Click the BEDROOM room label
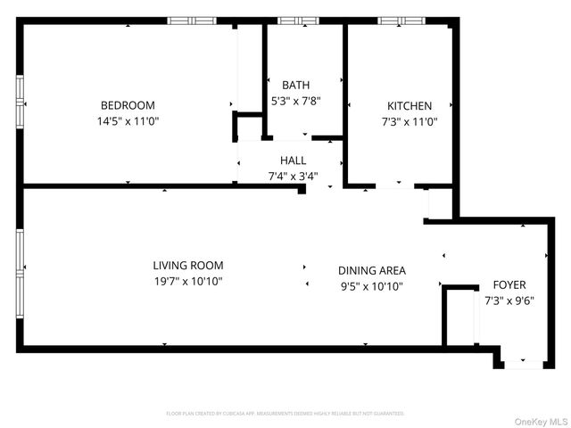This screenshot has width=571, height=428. [x=128, y=104]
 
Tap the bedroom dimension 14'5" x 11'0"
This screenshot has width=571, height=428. [x=128, y=120]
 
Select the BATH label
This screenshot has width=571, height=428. [x=295, y=85]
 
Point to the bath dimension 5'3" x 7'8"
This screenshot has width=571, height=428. [x=295, y=101]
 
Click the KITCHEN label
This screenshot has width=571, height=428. [x=409, y=104]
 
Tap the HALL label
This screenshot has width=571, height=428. [x=293, y=160]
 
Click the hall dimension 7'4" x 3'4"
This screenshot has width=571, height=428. [x=293, y=176]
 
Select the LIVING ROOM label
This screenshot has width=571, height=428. [x=187, y=265]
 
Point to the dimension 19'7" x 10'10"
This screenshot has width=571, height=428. [x=187, y=281]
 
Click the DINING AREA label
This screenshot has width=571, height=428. [x=372, y=270]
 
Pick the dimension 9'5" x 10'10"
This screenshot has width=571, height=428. [x=372, y=286]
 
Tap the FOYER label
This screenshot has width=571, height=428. [x=509, y=284]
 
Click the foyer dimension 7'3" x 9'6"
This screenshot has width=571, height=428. [x=509, y=300]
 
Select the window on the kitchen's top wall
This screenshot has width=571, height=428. [x=393, y=20]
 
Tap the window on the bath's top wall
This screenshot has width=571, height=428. [x=297, y=20]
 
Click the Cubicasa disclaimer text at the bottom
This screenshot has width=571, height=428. [x=285, y=414]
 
